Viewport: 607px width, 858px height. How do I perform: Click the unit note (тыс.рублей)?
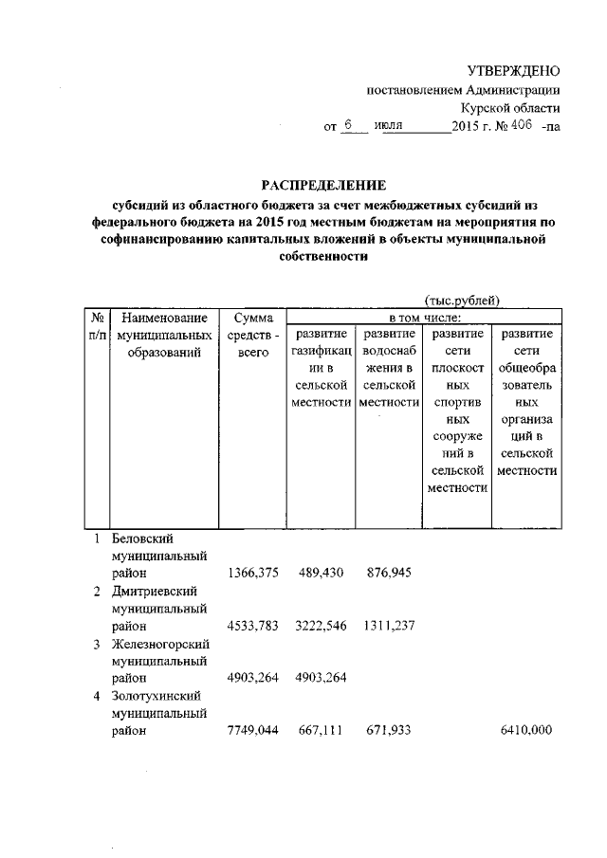[462, 301]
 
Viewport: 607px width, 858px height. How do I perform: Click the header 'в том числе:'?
[422, 316]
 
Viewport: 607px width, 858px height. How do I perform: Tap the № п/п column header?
[96, 325]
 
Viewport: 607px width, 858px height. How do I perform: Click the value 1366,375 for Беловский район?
[252, 574]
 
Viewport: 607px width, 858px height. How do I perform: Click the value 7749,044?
[252, 730]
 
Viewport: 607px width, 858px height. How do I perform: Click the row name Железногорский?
[158, 644]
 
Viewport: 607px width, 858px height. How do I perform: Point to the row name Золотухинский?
[156, 696]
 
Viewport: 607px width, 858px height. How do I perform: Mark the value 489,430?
[320, 574]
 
